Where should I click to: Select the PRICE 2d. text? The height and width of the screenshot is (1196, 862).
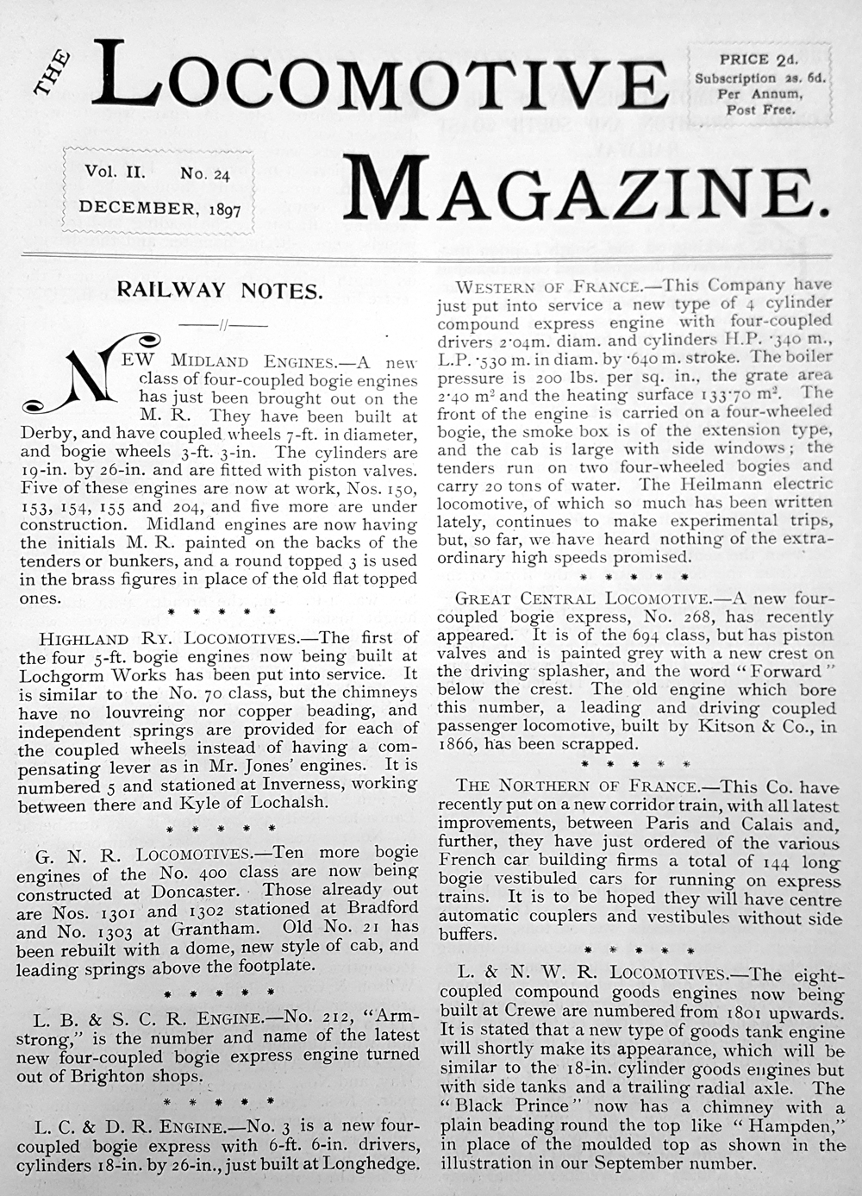[x=759, y=59]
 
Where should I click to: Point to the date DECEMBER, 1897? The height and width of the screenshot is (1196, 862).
[x=159, y=209]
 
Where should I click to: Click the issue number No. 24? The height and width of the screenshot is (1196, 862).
[x=205, y=173]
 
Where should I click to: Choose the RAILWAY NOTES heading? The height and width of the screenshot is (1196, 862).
[x=220, y=291]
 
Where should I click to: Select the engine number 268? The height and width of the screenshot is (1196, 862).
[x=707, y=617]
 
